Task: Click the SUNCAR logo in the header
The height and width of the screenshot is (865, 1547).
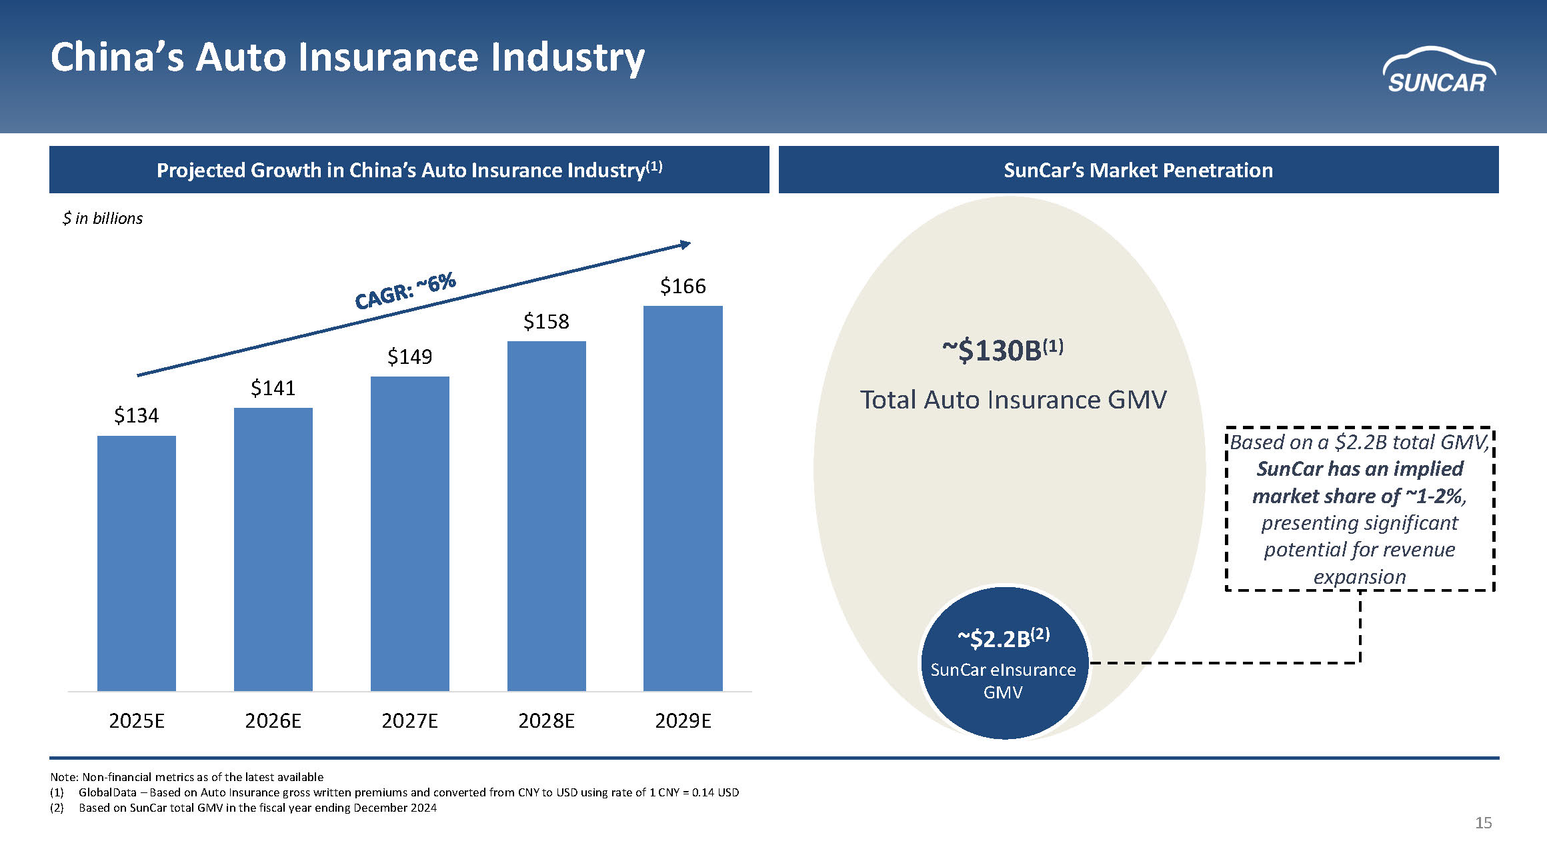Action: tap(1438, 71)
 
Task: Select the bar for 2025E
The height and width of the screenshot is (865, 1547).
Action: tap(137, 563)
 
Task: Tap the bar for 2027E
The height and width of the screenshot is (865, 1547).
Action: tap(409, 533)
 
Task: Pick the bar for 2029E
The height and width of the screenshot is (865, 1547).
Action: tap(683, 498)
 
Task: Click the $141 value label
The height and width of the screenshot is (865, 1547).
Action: tap(273, 388)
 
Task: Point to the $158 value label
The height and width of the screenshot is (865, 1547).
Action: tap(546, 322)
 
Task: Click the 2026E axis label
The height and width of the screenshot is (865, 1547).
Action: tap(273, 720)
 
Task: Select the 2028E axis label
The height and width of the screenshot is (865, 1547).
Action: tap(546, 720)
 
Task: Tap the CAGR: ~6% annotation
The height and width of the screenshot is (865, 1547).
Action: tap(405, 291)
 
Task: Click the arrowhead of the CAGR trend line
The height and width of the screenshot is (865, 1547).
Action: tap(685, 245)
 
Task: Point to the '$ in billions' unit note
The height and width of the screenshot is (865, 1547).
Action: tap(103, 219)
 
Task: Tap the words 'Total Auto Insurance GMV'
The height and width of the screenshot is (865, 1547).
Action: tap(1013, 400)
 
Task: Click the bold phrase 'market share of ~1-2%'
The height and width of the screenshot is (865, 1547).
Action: tap(1359, 496)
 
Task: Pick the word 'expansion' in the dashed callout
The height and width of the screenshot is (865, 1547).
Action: tap(1360, 576)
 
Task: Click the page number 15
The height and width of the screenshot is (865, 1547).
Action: tap(1483, 823)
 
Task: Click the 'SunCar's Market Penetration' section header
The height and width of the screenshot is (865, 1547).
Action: tap(1138, 171)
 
